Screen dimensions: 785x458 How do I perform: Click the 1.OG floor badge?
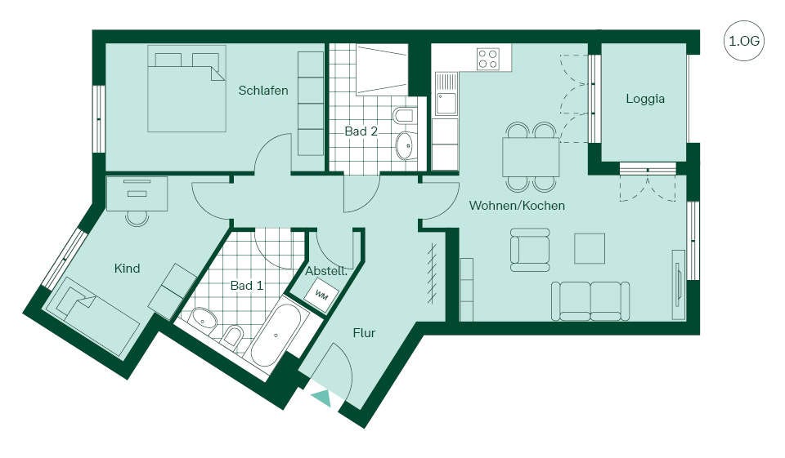coord(744,41)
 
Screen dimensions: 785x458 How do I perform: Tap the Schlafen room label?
coord(263,91)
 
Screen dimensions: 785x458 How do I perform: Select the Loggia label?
coord(645,99)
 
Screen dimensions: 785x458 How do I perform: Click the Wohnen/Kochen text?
coord(517,206)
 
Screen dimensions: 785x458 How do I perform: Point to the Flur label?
coord(364,333)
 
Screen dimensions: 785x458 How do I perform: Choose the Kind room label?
coord(128,269)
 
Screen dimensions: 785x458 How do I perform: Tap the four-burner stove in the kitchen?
coord(488,58)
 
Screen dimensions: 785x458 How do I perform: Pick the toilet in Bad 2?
coord(403,116)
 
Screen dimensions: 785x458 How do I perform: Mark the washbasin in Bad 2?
coord(405,145)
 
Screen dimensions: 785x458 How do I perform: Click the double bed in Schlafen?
coord(186,89)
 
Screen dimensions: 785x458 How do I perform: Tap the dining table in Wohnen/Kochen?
coord(531,157)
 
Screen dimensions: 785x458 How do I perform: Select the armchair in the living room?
coord(530,250)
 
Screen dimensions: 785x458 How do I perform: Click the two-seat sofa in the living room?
coord(590,300)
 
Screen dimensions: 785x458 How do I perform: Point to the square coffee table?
coord(590,248)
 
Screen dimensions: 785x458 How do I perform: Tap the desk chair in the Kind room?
coord(137,219)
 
